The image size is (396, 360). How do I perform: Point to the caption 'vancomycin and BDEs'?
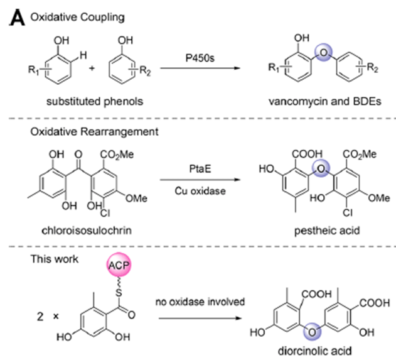(313, 100)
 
